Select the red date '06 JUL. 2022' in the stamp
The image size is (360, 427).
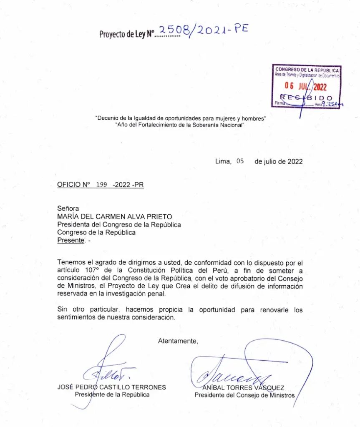coord(307,86)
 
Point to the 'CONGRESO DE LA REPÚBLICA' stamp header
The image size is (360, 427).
coord(307,70)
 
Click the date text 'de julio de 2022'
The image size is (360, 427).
coord(278,162)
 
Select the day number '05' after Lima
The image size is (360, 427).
coord(239,161)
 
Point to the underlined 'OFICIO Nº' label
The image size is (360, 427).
coord(74,185)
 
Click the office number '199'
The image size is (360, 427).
coord(102,185)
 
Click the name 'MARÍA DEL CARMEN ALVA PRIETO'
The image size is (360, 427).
coord(114,216)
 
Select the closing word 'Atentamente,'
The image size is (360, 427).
coord(178,341)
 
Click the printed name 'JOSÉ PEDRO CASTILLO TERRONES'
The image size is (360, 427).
coord(111,387)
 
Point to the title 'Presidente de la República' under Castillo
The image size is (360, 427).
coord(112,394)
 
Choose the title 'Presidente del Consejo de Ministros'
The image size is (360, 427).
coord(244,395)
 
